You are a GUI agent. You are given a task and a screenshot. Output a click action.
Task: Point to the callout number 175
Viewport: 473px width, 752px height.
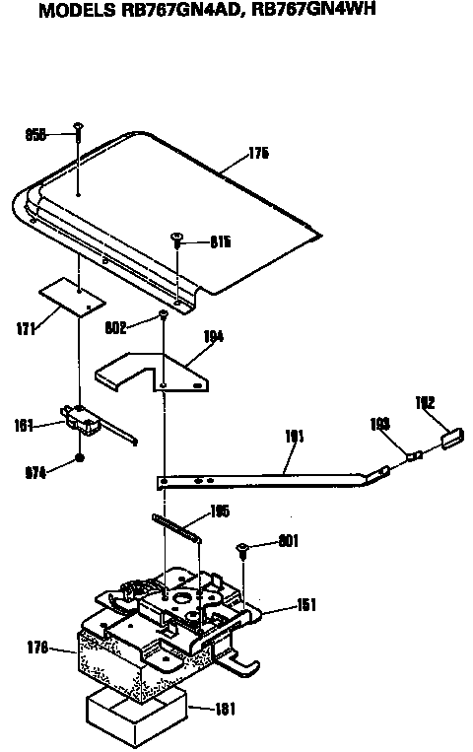tap(258, 154)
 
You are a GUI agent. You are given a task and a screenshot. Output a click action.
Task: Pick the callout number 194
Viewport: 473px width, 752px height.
tap(212, 336)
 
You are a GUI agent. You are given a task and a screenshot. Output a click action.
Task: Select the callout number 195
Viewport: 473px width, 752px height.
tap(221, 512)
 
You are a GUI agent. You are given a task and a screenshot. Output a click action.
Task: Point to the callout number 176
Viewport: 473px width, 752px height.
tap(37, 648)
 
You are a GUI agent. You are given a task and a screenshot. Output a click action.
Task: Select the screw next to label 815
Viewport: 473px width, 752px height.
tap(177, 237)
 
